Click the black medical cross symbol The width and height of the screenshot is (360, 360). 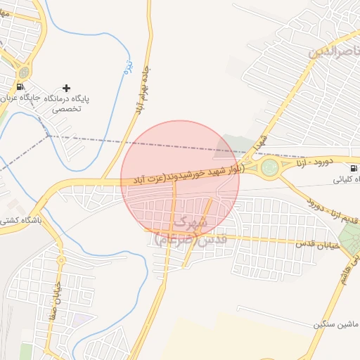pyautogui.click(x=67, y=88)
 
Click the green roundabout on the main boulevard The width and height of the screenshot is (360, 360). pyautogui.click(x=269, y=167)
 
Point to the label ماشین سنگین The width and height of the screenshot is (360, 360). pyautogui.click(x=336, y=324)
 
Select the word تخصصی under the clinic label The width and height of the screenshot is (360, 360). pyautogui.click(x=69, y=109)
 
